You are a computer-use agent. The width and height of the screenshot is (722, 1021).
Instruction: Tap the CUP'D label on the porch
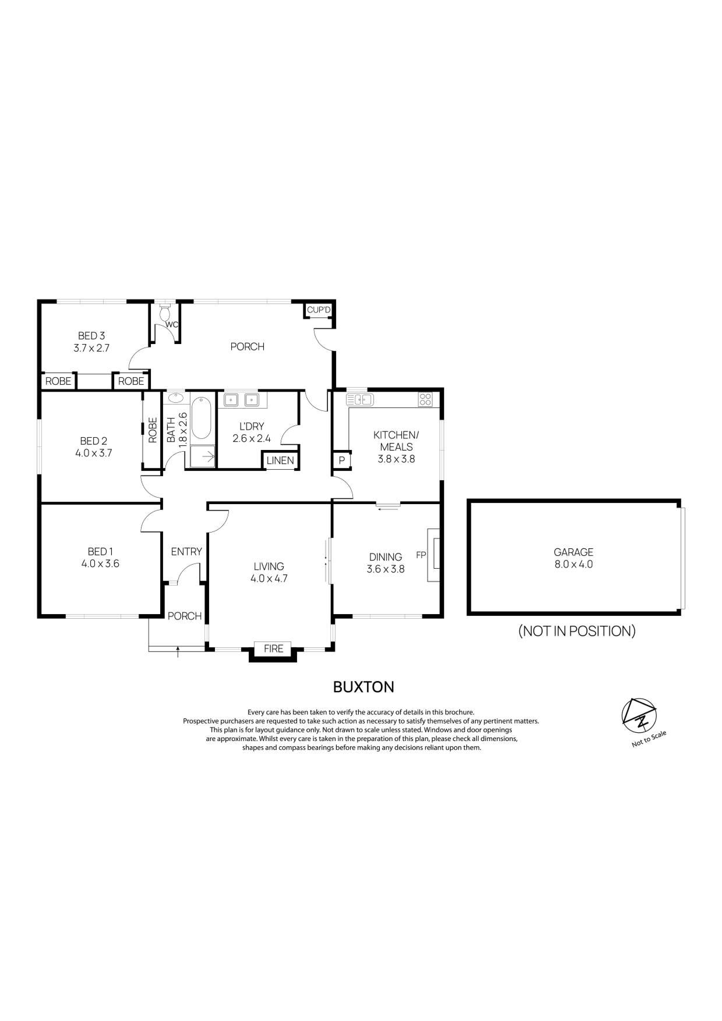click(319, 310)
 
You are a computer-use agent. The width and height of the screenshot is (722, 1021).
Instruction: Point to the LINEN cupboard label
click(280, 461)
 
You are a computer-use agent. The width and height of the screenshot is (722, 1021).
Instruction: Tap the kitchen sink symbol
click(360, 400)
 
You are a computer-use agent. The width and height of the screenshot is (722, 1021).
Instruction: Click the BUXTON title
click(363, 687)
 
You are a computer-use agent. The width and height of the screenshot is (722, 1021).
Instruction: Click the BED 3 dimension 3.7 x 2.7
click(91, 348)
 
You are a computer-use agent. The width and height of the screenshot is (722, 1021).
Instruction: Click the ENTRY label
click(186, 552)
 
